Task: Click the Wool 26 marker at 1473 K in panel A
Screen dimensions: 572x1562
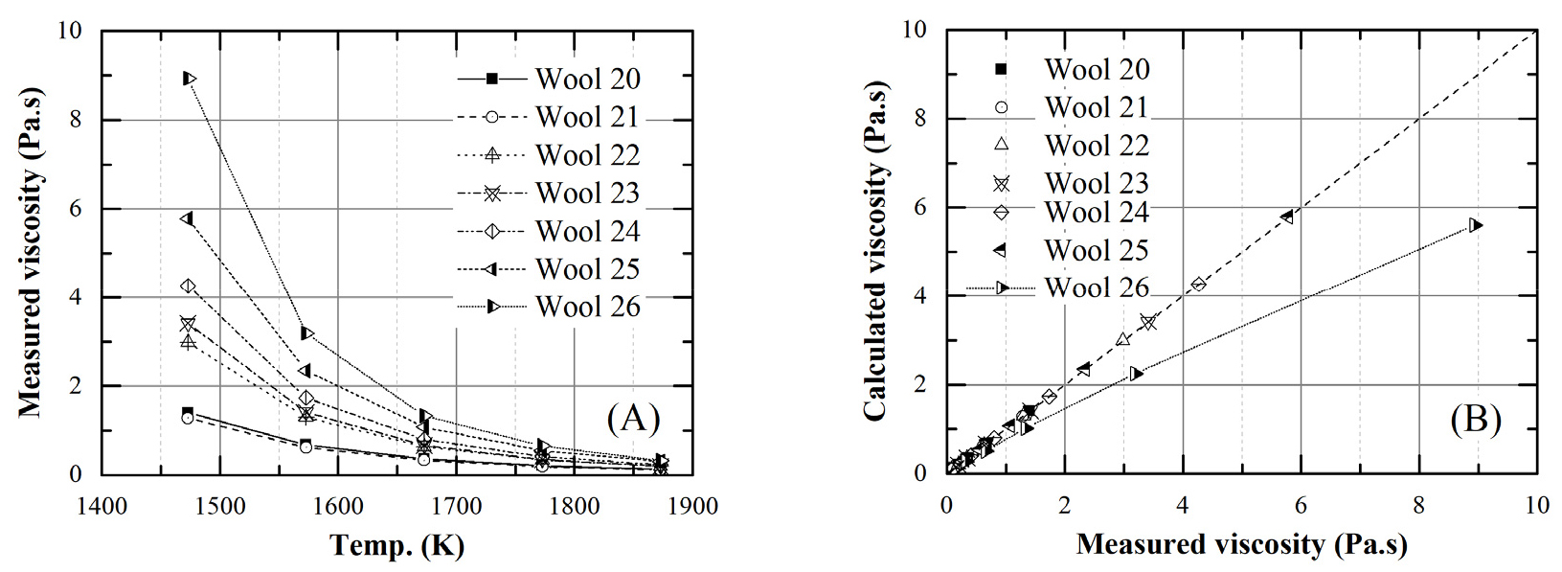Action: click(189, 79)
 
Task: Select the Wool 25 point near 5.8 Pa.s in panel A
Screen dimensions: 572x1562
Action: click(187, 218)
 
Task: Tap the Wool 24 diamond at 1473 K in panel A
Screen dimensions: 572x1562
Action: click(188, 286)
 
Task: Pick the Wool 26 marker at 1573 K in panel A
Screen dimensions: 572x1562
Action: click(306, 333)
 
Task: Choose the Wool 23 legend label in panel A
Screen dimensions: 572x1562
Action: click(587, 194)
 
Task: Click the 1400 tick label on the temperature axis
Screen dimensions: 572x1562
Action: click(102, 505)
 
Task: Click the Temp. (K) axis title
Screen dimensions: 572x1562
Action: click(396, 545)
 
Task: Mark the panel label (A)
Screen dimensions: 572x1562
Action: click(633, 419)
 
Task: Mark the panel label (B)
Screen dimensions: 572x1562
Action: click(1475, 419)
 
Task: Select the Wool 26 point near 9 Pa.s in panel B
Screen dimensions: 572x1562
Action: click(1476, 225)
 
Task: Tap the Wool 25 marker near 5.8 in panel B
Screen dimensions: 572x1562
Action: click(1287, 217)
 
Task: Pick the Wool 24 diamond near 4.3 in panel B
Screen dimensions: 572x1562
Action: click(1198, 285)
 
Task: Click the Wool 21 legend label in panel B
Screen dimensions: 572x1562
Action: click(1097, 107)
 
